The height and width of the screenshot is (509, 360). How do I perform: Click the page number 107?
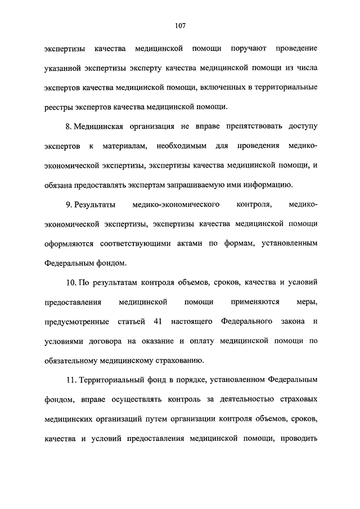click(x=180, y=26)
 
